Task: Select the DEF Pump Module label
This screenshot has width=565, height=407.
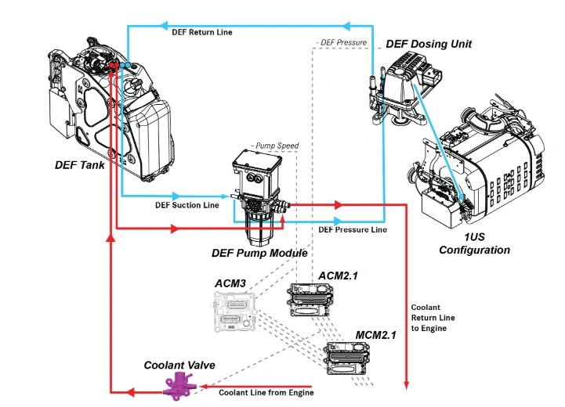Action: click(x=259, y=253)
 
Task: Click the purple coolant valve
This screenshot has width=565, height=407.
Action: click(x=178, y=384)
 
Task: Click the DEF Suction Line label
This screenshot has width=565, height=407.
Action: click(x=187, y=206)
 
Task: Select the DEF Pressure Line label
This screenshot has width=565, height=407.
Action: click(x=352, y=229)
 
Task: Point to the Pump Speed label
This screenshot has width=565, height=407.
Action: click(x=276, y=146)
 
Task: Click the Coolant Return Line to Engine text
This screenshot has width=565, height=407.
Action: click(x=430, y=318)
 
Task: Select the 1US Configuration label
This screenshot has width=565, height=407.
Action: click(x=474, y=244)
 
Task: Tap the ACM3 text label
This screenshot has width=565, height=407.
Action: click(x=230, y=283)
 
